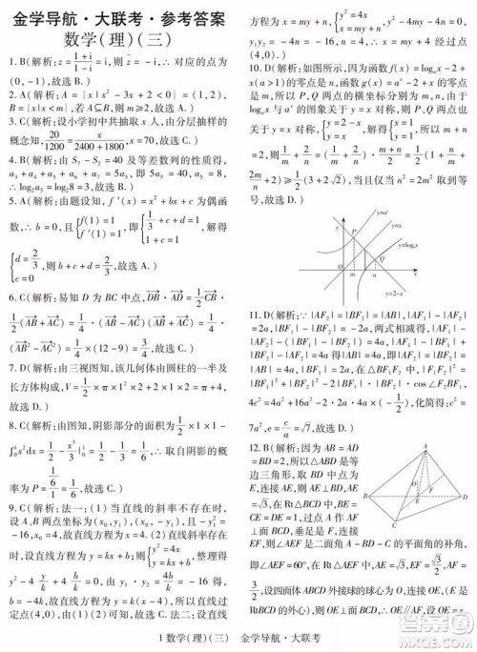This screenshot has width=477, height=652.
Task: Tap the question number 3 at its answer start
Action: [x=11, y=122]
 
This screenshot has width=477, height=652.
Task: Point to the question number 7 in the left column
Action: [x=11, y=366]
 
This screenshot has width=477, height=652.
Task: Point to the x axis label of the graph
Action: [x=425, y=271]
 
